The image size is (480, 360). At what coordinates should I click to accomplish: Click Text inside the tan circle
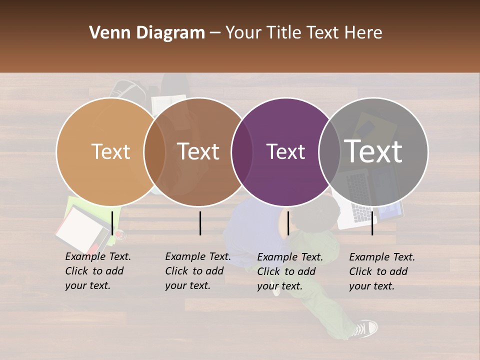coord(110,151)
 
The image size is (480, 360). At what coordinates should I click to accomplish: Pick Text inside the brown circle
coord(198,151)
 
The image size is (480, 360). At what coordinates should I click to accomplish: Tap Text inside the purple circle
coord(285,151)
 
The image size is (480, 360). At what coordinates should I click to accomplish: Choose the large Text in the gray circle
coord(373,151)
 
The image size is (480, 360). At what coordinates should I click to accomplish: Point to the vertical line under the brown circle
coord(200,223)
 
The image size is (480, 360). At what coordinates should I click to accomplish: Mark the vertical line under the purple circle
coord(288,222)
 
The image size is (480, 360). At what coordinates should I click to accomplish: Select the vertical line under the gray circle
coord(372,222)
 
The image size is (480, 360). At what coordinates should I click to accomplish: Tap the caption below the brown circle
coord(198,271)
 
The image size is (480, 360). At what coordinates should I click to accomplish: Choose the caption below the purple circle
coord(290,271)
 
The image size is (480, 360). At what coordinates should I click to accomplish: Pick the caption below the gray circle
coord(382,271)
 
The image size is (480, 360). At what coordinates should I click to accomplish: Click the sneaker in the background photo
coord(365,328)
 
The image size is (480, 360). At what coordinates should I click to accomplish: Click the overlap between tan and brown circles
coord(154,151)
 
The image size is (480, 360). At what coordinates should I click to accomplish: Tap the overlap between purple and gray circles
coord(329,151)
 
